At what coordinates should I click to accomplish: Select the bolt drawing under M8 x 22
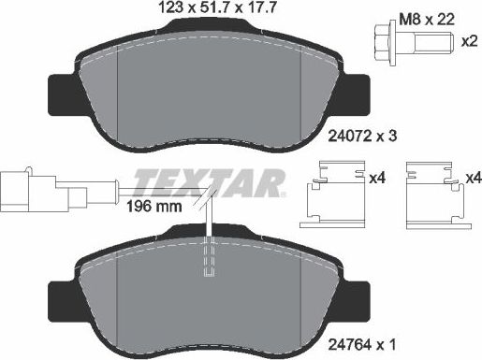coord(408,44)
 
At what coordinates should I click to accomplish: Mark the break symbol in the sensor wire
coord(209,199)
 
